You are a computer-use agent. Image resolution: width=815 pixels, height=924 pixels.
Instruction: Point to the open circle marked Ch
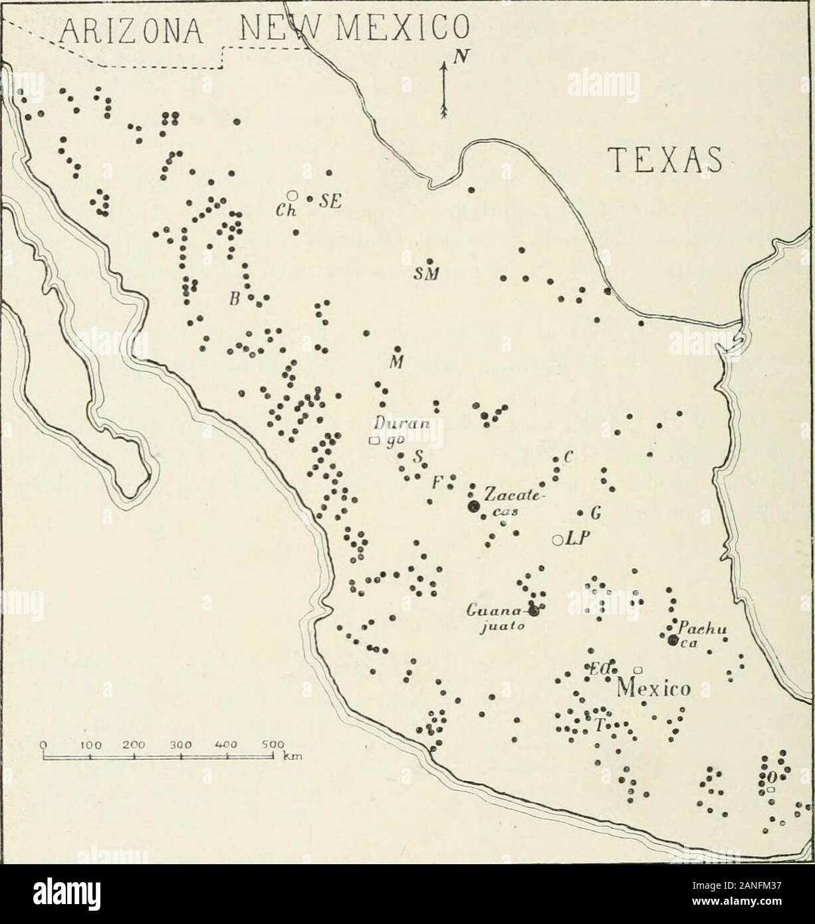tap(291, 195)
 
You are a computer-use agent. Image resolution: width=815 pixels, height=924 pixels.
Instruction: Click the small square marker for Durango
tap(374, 440)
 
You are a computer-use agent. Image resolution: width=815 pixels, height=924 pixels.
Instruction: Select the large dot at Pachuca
tap(673, 639)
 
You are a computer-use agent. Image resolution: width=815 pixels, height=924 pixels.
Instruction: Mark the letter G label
tap(596, 513)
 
